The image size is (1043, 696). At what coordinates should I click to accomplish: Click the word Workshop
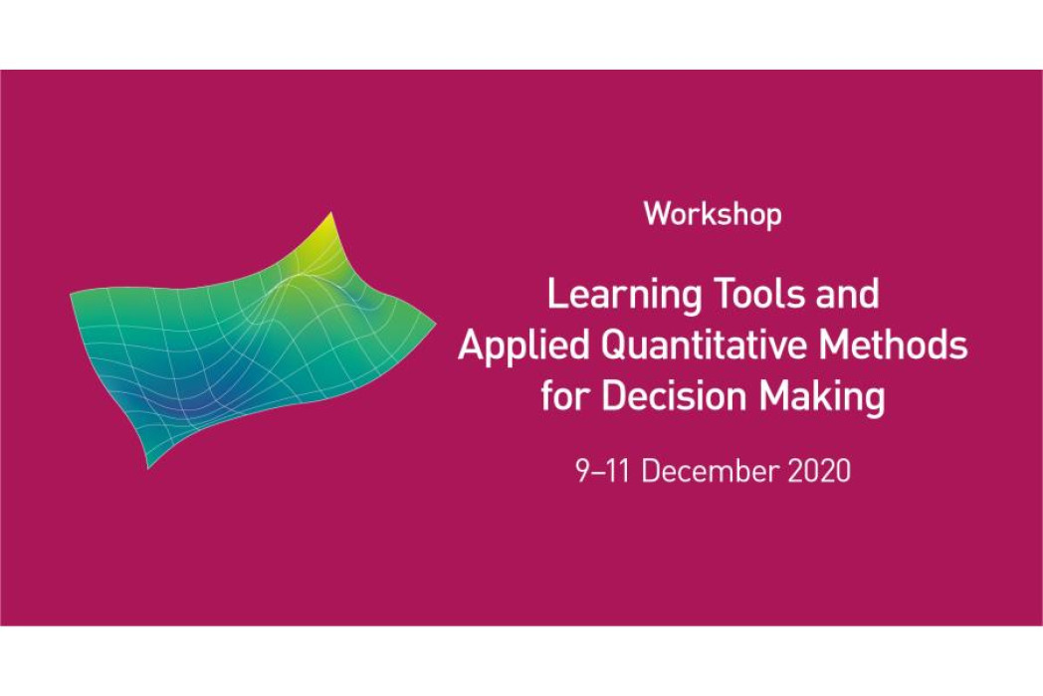[x=713, y=215]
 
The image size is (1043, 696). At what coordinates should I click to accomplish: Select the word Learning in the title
[x=624, y=296]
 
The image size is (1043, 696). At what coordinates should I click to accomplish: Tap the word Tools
[x=759, y=294]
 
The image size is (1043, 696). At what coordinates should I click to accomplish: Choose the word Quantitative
[x=704, y=346]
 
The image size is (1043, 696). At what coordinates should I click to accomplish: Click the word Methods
[x=893, y=345]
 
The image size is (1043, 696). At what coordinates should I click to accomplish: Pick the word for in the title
[x=565, y=395]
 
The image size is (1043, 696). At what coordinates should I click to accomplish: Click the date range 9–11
[x=603, y=471]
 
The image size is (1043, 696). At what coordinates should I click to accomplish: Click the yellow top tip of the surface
[x=330, y=214]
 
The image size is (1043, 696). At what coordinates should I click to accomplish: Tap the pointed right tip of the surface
[x=435, y=324]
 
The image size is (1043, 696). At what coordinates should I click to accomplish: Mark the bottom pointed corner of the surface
[x=148, y=467]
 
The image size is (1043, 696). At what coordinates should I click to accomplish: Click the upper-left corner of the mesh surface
[x=72, y=292]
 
